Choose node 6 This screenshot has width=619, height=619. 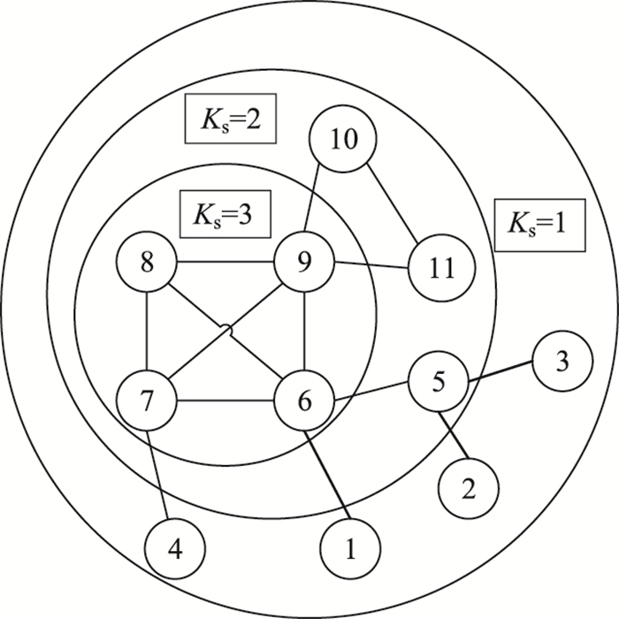(304, 402)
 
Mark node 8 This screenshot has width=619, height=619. (148, 263)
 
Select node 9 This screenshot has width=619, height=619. (305, 263)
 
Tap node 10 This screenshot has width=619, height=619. (343, 141)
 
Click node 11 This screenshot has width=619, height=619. (440, 267)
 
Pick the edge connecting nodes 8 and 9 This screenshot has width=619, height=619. (225, 262)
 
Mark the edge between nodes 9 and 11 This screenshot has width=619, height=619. (372, 264)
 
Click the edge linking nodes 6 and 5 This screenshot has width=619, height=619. (372, 393)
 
